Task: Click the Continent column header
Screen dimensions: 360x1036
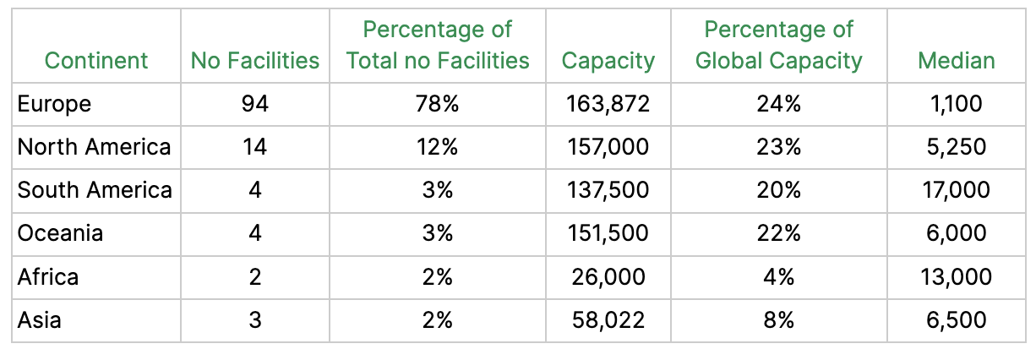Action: pos(95,61)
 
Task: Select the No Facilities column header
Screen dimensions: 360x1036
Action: pos(255,61)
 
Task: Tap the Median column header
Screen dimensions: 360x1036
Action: pos(956,61)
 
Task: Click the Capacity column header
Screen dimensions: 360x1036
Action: pos(608,61)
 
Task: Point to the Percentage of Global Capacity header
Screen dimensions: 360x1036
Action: pos(778,46)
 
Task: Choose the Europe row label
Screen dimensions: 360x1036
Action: pos(54,104)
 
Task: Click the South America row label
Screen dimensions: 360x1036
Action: pos(95,190)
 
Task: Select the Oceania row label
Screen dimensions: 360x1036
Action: pos(60,233)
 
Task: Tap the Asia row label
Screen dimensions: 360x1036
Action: pos(39,320)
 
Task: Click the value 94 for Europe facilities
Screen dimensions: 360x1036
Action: pos(254,104)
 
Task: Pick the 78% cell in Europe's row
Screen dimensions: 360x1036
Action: pos(438,104)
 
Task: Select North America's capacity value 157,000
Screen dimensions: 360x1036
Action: pos(608,147)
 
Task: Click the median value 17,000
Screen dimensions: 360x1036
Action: pos(956,190)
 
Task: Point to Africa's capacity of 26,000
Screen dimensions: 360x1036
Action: pos(608,277)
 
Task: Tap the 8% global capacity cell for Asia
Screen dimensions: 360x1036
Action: pos(778,320)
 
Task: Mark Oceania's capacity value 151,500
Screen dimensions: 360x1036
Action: pos(608,233)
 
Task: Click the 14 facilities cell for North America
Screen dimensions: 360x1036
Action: pos(254,147)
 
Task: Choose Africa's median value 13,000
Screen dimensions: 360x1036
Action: pos(956,277)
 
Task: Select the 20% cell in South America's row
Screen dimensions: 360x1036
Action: pos(778,190)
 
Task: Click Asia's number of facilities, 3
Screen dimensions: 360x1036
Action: pos(254,320)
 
